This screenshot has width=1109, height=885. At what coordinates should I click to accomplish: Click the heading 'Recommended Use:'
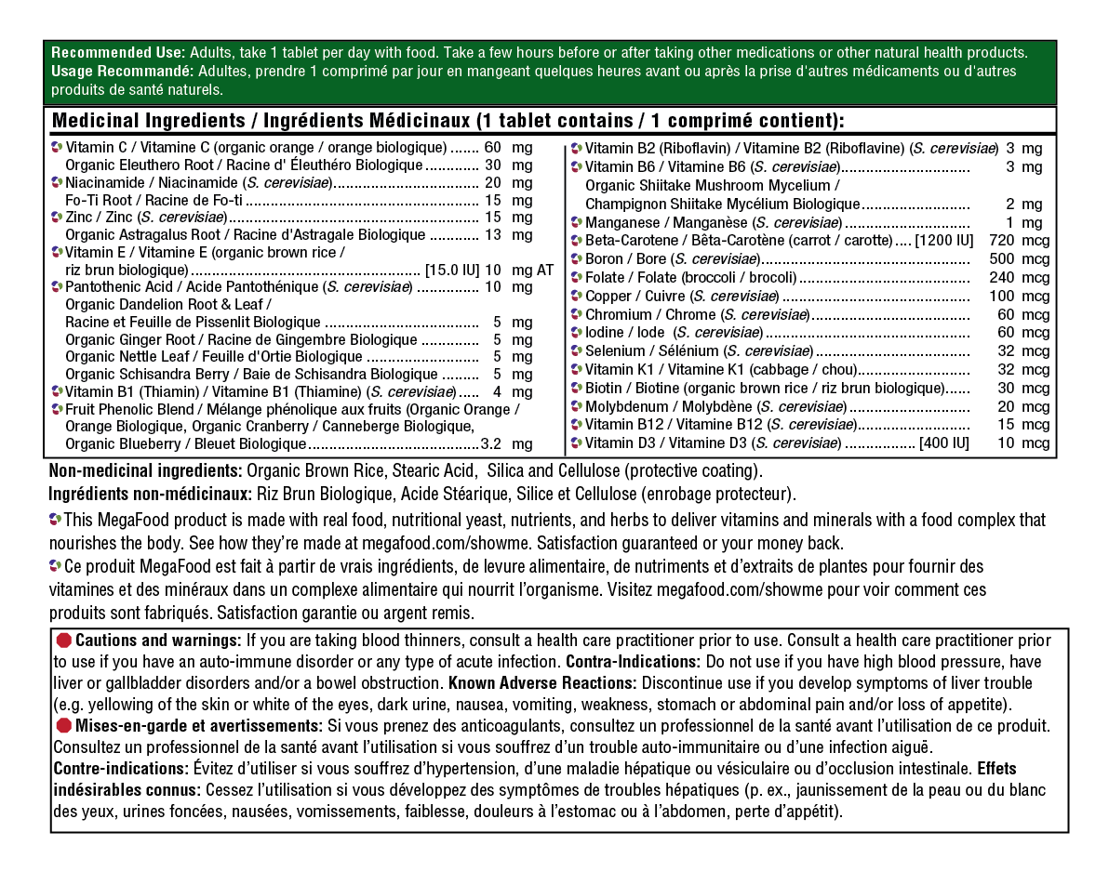118,53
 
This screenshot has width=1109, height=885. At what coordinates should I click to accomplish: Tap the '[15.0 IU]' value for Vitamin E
452,271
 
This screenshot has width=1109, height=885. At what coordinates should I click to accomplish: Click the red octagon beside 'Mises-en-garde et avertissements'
63,725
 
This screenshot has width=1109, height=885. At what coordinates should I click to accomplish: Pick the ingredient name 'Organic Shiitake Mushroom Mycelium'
712,185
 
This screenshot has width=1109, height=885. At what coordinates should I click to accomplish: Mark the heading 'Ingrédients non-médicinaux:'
149,494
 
